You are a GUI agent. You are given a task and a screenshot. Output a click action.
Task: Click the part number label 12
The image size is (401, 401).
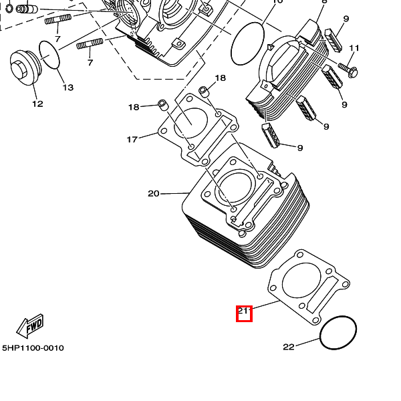(37, 104)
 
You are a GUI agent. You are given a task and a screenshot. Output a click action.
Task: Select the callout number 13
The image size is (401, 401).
(68, 88)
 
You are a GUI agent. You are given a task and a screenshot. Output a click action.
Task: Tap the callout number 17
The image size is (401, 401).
(132, 139)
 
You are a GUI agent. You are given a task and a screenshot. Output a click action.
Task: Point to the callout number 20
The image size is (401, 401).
(154, 194)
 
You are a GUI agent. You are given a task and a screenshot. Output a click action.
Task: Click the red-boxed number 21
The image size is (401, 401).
(244, 312)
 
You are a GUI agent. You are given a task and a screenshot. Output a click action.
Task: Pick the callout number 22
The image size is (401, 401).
(288, 346)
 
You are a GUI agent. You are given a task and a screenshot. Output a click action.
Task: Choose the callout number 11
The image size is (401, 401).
(354, 48)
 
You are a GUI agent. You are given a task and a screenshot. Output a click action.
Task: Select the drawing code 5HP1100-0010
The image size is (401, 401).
(33, 348)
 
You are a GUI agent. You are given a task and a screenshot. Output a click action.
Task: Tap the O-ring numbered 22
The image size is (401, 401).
(338, 333)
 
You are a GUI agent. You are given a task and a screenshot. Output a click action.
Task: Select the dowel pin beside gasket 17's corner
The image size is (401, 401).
(161, 104)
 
